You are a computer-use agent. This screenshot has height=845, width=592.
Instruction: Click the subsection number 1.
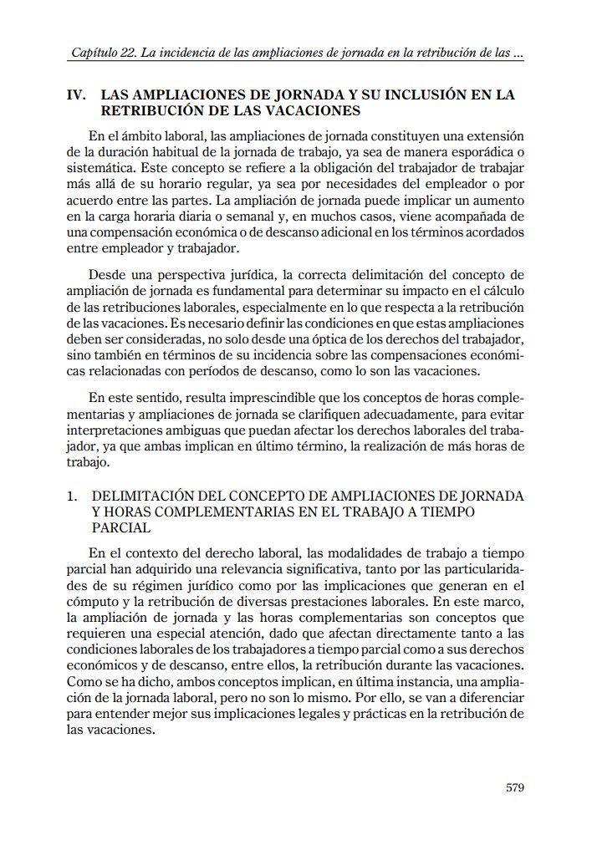pos(72,496)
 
